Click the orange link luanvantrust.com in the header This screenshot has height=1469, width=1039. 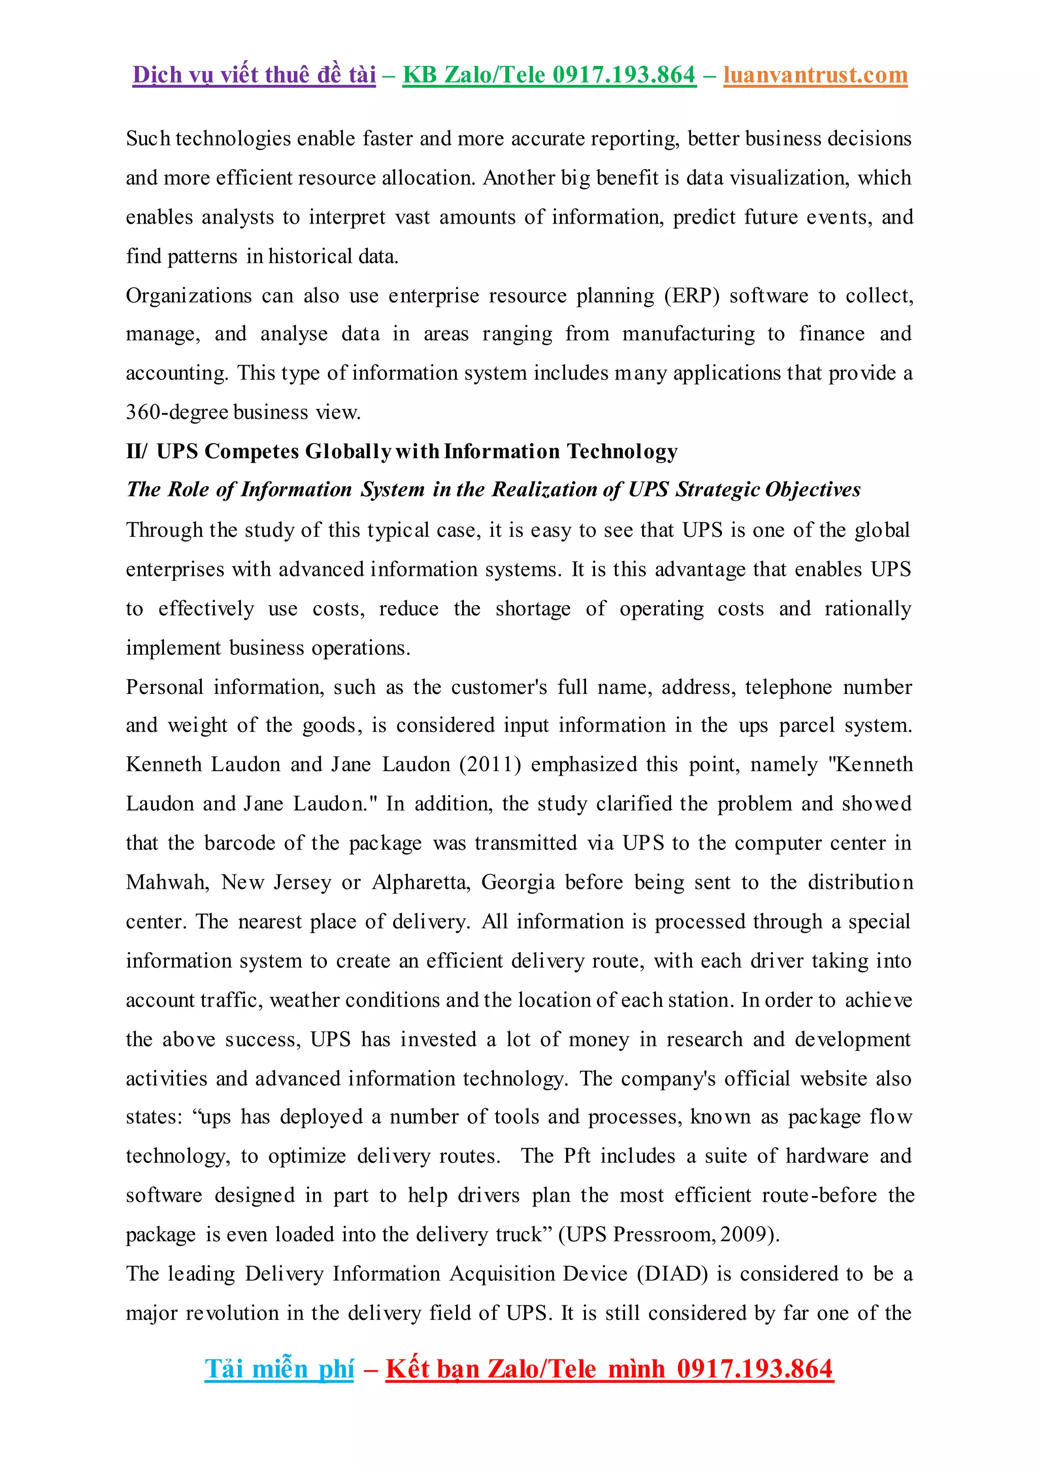point(815,75)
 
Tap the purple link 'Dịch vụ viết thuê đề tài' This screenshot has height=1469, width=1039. point(254,75)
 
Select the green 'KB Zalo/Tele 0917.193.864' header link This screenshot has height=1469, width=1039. point(549,75)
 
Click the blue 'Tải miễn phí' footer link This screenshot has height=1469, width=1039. point(279,1369)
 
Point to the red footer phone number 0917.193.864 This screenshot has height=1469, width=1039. point(755,1369)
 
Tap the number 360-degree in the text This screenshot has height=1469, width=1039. point(177,412)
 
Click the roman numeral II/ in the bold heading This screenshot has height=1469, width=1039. point(136,451)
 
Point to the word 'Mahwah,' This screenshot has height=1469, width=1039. point(167,882)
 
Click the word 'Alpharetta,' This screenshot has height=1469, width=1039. point(422,882)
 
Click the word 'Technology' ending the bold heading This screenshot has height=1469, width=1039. point(622,451)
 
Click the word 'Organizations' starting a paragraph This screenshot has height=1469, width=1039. point(189,296)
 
